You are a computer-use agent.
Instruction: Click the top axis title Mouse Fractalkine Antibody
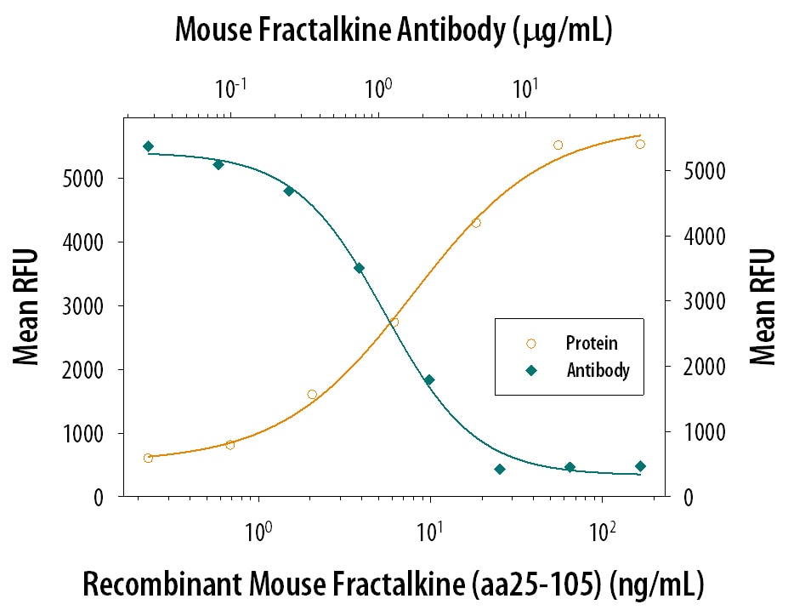coord(394,31)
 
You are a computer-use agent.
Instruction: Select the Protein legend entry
coord(592,344)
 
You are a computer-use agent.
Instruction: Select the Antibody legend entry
coord(598,370)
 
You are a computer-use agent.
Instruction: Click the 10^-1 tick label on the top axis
coord(227,88)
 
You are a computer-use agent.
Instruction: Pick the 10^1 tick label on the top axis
coord(524,88)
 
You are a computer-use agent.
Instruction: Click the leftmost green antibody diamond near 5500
coord(148,146)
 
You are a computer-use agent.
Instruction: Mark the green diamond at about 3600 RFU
coord(359,268)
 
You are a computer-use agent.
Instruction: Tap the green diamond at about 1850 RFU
coord(429,380)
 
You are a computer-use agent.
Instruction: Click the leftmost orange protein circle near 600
coord(148,458)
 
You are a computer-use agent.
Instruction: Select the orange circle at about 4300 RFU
coord(476,223)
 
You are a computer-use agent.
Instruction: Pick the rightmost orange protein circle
coord(640,144)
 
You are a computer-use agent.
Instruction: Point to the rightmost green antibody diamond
coord(640,466)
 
